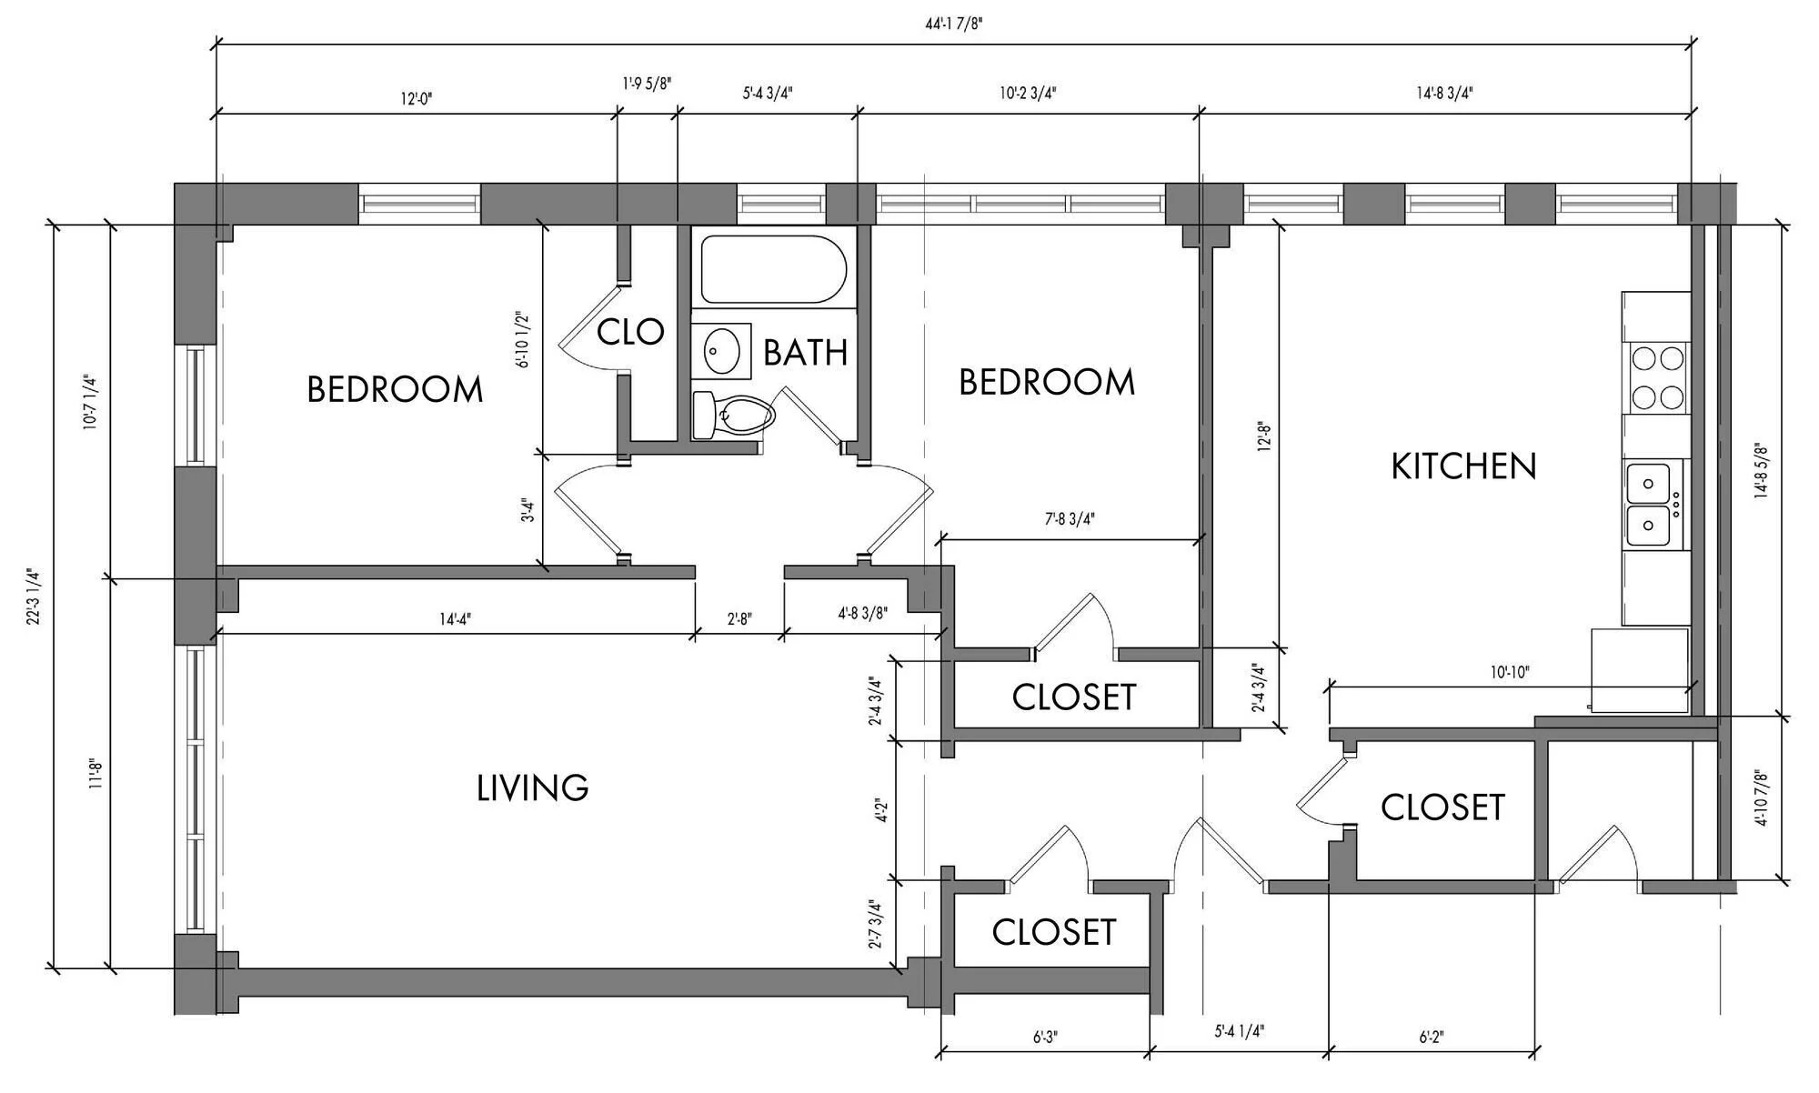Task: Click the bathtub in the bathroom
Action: coord(774,270)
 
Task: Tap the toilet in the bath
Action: coord(733,416)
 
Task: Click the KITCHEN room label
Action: coord(1463,466)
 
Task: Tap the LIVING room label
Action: coord(533,787)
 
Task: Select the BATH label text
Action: coord(805,352)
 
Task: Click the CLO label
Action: coord(630,332)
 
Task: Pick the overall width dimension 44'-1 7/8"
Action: coord(954,24)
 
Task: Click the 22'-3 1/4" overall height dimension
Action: coord(35,597)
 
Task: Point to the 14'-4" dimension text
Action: coord(455,619)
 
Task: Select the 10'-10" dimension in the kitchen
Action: coord(1510,673)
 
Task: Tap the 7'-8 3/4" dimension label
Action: coord(1070,519)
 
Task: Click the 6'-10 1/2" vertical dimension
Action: coord(522,339)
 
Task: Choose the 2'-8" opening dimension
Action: coord(739,619)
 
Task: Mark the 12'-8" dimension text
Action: coord(1263,436)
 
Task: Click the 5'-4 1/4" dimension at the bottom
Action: coord(1240,1032)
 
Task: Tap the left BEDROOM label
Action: coord(395,389)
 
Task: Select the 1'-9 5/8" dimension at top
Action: coord(647,84)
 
